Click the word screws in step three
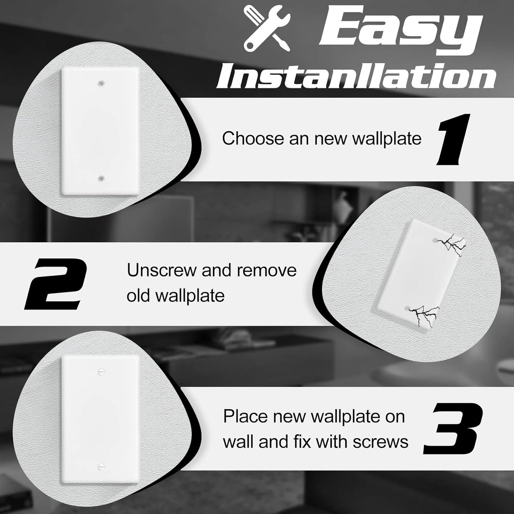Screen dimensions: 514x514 coord(380,442)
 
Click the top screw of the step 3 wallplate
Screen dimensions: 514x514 coord(100,371)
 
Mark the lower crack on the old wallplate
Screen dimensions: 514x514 coord(423,313)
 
